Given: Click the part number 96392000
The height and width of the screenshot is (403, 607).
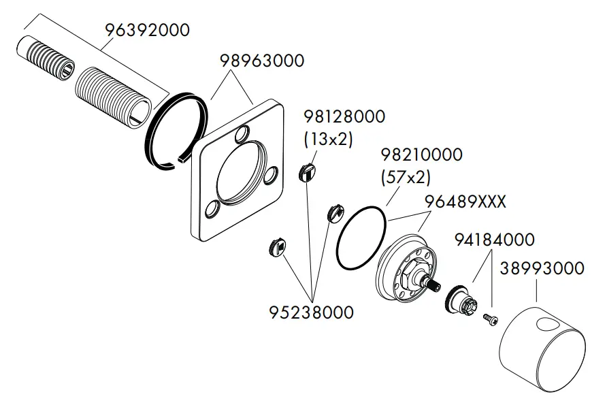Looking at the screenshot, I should tap(147, 31).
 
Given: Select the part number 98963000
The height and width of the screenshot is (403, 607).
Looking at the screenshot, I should tap(261, 61).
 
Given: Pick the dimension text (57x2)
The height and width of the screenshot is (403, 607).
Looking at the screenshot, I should tap(406, 178).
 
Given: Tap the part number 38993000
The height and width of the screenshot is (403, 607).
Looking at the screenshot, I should tap(542, 268).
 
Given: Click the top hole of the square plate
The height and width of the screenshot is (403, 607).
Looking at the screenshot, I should tap(241, 137).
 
